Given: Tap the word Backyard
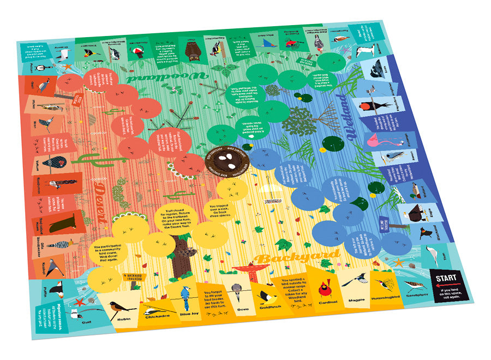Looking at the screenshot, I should tap(297, 257).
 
